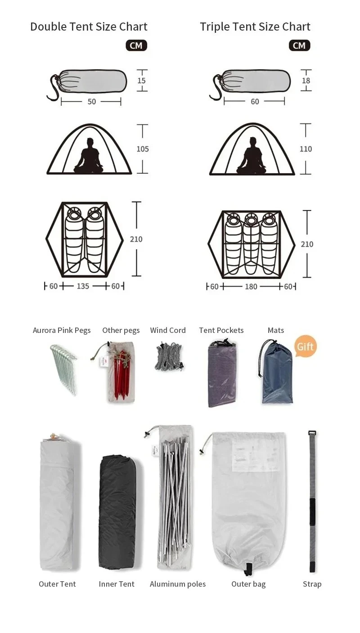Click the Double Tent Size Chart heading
click(x=89, y=27)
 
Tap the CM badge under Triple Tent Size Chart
click(x=299, y=45)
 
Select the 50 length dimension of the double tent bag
click(x=91, y=102)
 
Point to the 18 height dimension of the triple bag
click(x=306, y=81)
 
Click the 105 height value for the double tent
click(x=142, y=149)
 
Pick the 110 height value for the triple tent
click(x=306, y=149)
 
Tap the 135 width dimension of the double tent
click(x=83, y=286)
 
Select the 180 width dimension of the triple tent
click(x=251, y=287)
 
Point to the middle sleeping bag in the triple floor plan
click(x=251, y=244)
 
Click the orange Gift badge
click(x=305, y=346)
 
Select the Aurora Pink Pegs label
click(x=62, y=330)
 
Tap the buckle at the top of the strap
click(x=312, y=434)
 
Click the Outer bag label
click(x=248, y=584)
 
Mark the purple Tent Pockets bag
click(x=222, y=373)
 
